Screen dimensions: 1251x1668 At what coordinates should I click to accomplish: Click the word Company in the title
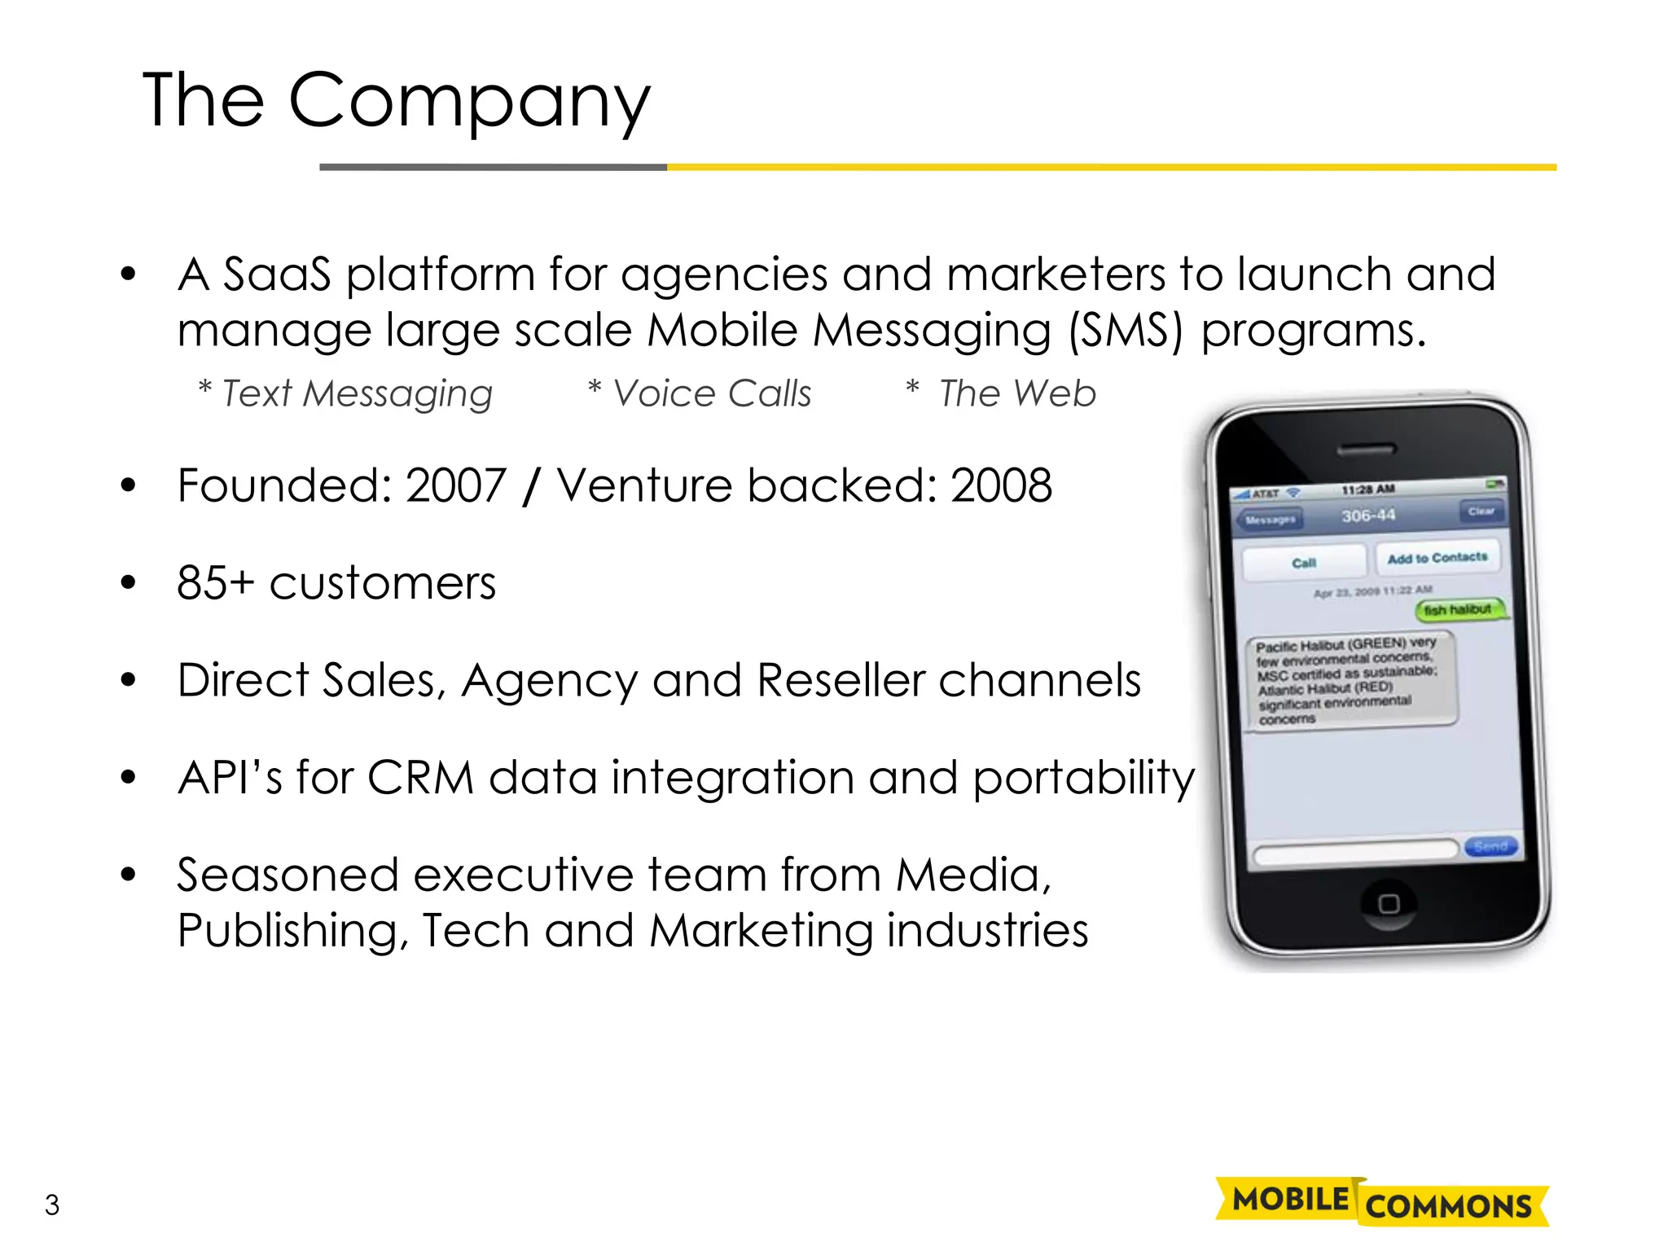[x=469, y=101]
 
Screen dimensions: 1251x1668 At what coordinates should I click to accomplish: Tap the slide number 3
[x=52, y=1205]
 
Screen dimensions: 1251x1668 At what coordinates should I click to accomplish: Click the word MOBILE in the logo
[x=1290, y=1200]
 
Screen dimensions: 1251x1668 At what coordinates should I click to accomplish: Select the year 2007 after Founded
[x=456, y=486]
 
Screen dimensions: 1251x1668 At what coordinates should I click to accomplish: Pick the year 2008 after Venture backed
[x=1001, y=486]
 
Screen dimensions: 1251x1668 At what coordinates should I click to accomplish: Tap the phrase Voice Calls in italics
[x=711, y=394]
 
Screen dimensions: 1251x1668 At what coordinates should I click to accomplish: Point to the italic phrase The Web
[x=1016, y=394]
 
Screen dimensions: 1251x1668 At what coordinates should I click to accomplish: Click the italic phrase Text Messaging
[x=357, y=394]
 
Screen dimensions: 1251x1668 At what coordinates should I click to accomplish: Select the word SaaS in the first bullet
[x=277, y=274]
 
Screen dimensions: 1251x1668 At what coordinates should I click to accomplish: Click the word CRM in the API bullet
[x=420, y=778]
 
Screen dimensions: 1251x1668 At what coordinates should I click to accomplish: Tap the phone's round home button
[x=1389, y=903]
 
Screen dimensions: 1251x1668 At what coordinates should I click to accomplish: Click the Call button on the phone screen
[x=1304, y=563]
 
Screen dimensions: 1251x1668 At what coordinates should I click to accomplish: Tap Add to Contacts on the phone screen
[x=1438, y=558]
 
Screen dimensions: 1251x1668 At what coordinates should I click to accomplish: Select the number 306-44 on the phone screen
[x=1368, y=516]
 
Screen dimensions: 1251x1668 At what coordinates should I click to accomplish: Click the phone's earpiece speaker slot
[x=1367, y=450]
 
